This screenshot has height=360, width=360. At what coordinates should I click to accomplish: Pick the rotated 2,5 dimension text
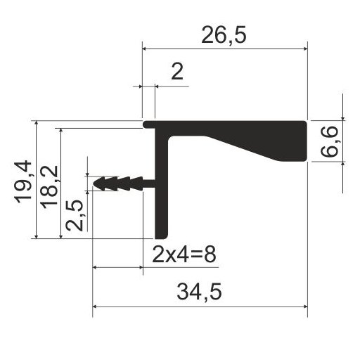(x=75, y=214)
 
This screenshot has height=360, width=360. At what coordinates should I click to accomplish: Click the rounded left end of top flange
(x=146, y=124)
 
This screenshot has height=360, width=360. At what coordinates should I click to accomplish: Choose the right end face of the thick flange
(x=307, y=141)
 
